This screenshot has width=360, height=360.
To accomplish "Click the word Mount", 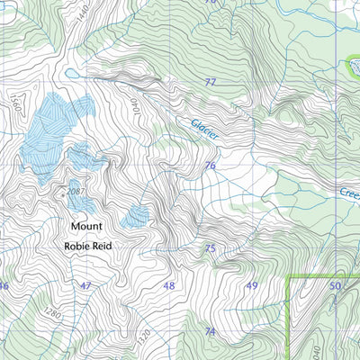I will point(87,226).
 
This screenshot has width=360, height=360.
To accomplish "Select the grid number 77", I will point(211,82).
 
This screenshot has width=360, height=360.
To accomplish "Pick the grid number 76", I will point(211,166).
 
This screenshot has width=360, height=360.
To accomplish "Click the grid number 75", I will point(211,248).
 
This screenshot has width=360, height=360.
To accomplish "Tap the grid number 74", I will point(211,331).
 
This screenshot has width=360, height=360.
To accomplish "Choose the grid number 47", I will point(85,286).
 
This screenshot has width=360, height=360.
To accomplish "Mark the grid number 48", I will point(168,286).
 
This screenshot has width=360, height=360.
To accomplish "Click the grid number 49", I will point(251,286).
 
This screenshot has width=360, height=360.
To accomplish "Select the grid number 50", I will point(335,286).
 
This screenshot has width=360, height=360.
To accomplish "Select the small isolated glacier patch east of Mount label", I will point(138,215).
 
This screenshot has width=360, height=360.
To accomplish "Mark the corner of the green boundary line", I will point(288,278).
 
